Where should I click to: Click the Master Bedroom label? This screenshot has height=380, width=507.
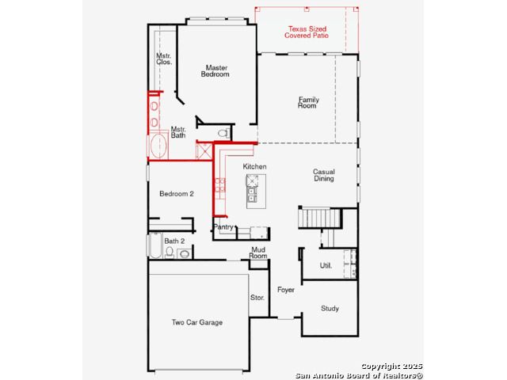coord(215,71)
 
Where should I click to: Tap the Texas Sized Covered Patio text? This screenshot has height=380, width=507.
coord(307,32)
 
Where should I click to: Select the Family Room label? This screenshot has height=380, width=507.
coord(308,102)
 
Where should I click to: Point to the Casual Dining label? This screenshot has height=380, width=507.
coord(324,175)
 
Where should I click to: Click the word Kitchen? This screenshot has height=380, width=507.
coord(255,167)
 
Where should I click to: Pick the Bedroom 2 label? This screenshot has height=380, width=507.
coord(177,194)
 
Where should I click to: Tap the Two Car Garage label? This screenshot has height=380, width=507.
coord(197,322)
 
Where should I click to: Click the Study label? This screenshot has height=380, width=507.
coord(330,309)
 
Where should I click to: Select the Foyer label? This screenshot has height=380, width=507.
coord(286,290)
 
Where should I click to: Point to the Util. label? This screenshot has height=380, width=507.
coord(326,266)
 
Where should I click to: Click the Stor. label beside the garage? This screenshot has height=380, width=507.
coord(257,298)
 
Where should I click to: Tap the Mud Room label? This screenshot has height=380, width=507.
coord(258,253)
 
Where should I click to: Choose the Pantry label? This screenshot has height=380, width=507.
coord(223,227)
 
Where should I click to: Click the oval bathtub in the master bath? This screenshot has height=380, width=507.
coord(158,146)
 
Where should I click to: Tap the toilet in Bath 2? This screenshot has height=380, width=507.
coord(170,253)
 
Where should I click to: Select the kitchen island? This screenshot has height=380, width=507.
coord(256,192)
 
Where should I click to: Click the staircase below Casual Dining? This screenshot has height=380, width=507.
coord(320,218)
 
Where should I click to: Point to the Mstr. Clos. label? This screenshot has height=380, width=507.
coord(164,59)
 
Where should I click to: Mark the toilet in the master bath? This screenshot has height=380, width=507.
coord(223,133)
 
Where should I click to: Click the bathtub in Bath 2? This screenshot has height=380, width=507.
coord(155,245)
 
